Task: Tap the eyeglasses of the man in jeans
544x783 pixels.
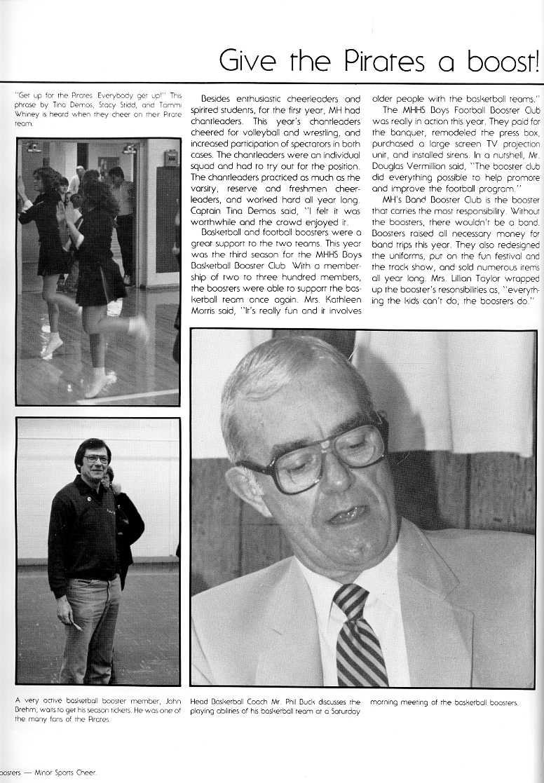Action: [95, 459]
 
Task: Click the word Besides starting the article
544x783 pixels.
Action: [218, 100]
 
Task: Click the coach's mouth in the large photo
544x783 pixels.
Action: [348, 515]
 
